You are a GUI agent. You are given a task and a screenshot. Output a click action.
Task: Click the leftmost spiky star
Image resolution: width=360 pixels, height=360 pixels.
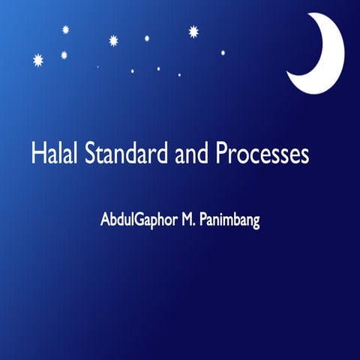pos(38,60)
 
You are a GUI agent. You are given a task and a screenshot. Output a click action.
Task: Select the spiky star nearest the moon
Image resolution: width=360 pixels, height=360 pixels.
pos(193,31)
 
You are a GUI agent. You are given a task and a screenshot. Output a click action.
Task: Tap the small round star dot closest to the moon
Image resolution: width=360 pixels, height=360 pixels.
pos(223,52)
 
